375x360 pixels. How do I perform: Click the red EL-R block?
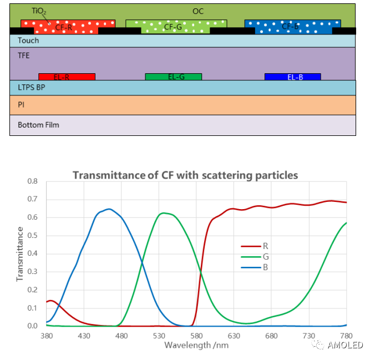[67, 77]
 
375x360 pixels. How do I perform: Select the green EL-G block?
[173, 77]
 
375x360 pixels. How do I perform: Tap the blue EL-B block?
[292, 77]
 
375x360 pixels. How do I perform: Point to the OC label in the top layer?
[198, 11]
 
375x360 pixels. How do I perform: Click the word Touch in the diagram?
[29, 40]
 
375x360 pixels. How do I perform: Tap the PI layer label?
[21, 104]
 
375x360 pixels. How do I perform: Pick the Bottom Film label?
[38, 125]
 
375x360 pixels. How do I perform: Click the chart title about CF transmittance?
[185, 175]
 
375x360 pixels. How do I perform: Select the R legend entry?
[266, 245]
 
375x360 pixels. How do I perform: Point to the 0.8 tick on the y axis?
[32, 181]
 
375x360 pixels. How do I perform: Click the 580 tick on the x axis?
[196, 336]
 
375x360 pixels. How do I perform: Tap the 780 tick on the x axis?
[346, 336]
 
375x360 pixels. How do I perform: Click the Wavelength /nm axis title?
[196, 346]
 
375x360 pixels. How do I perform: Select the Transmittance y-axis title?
[20, 253]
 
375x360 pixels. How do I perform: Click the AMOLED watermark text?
[344, 345]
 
